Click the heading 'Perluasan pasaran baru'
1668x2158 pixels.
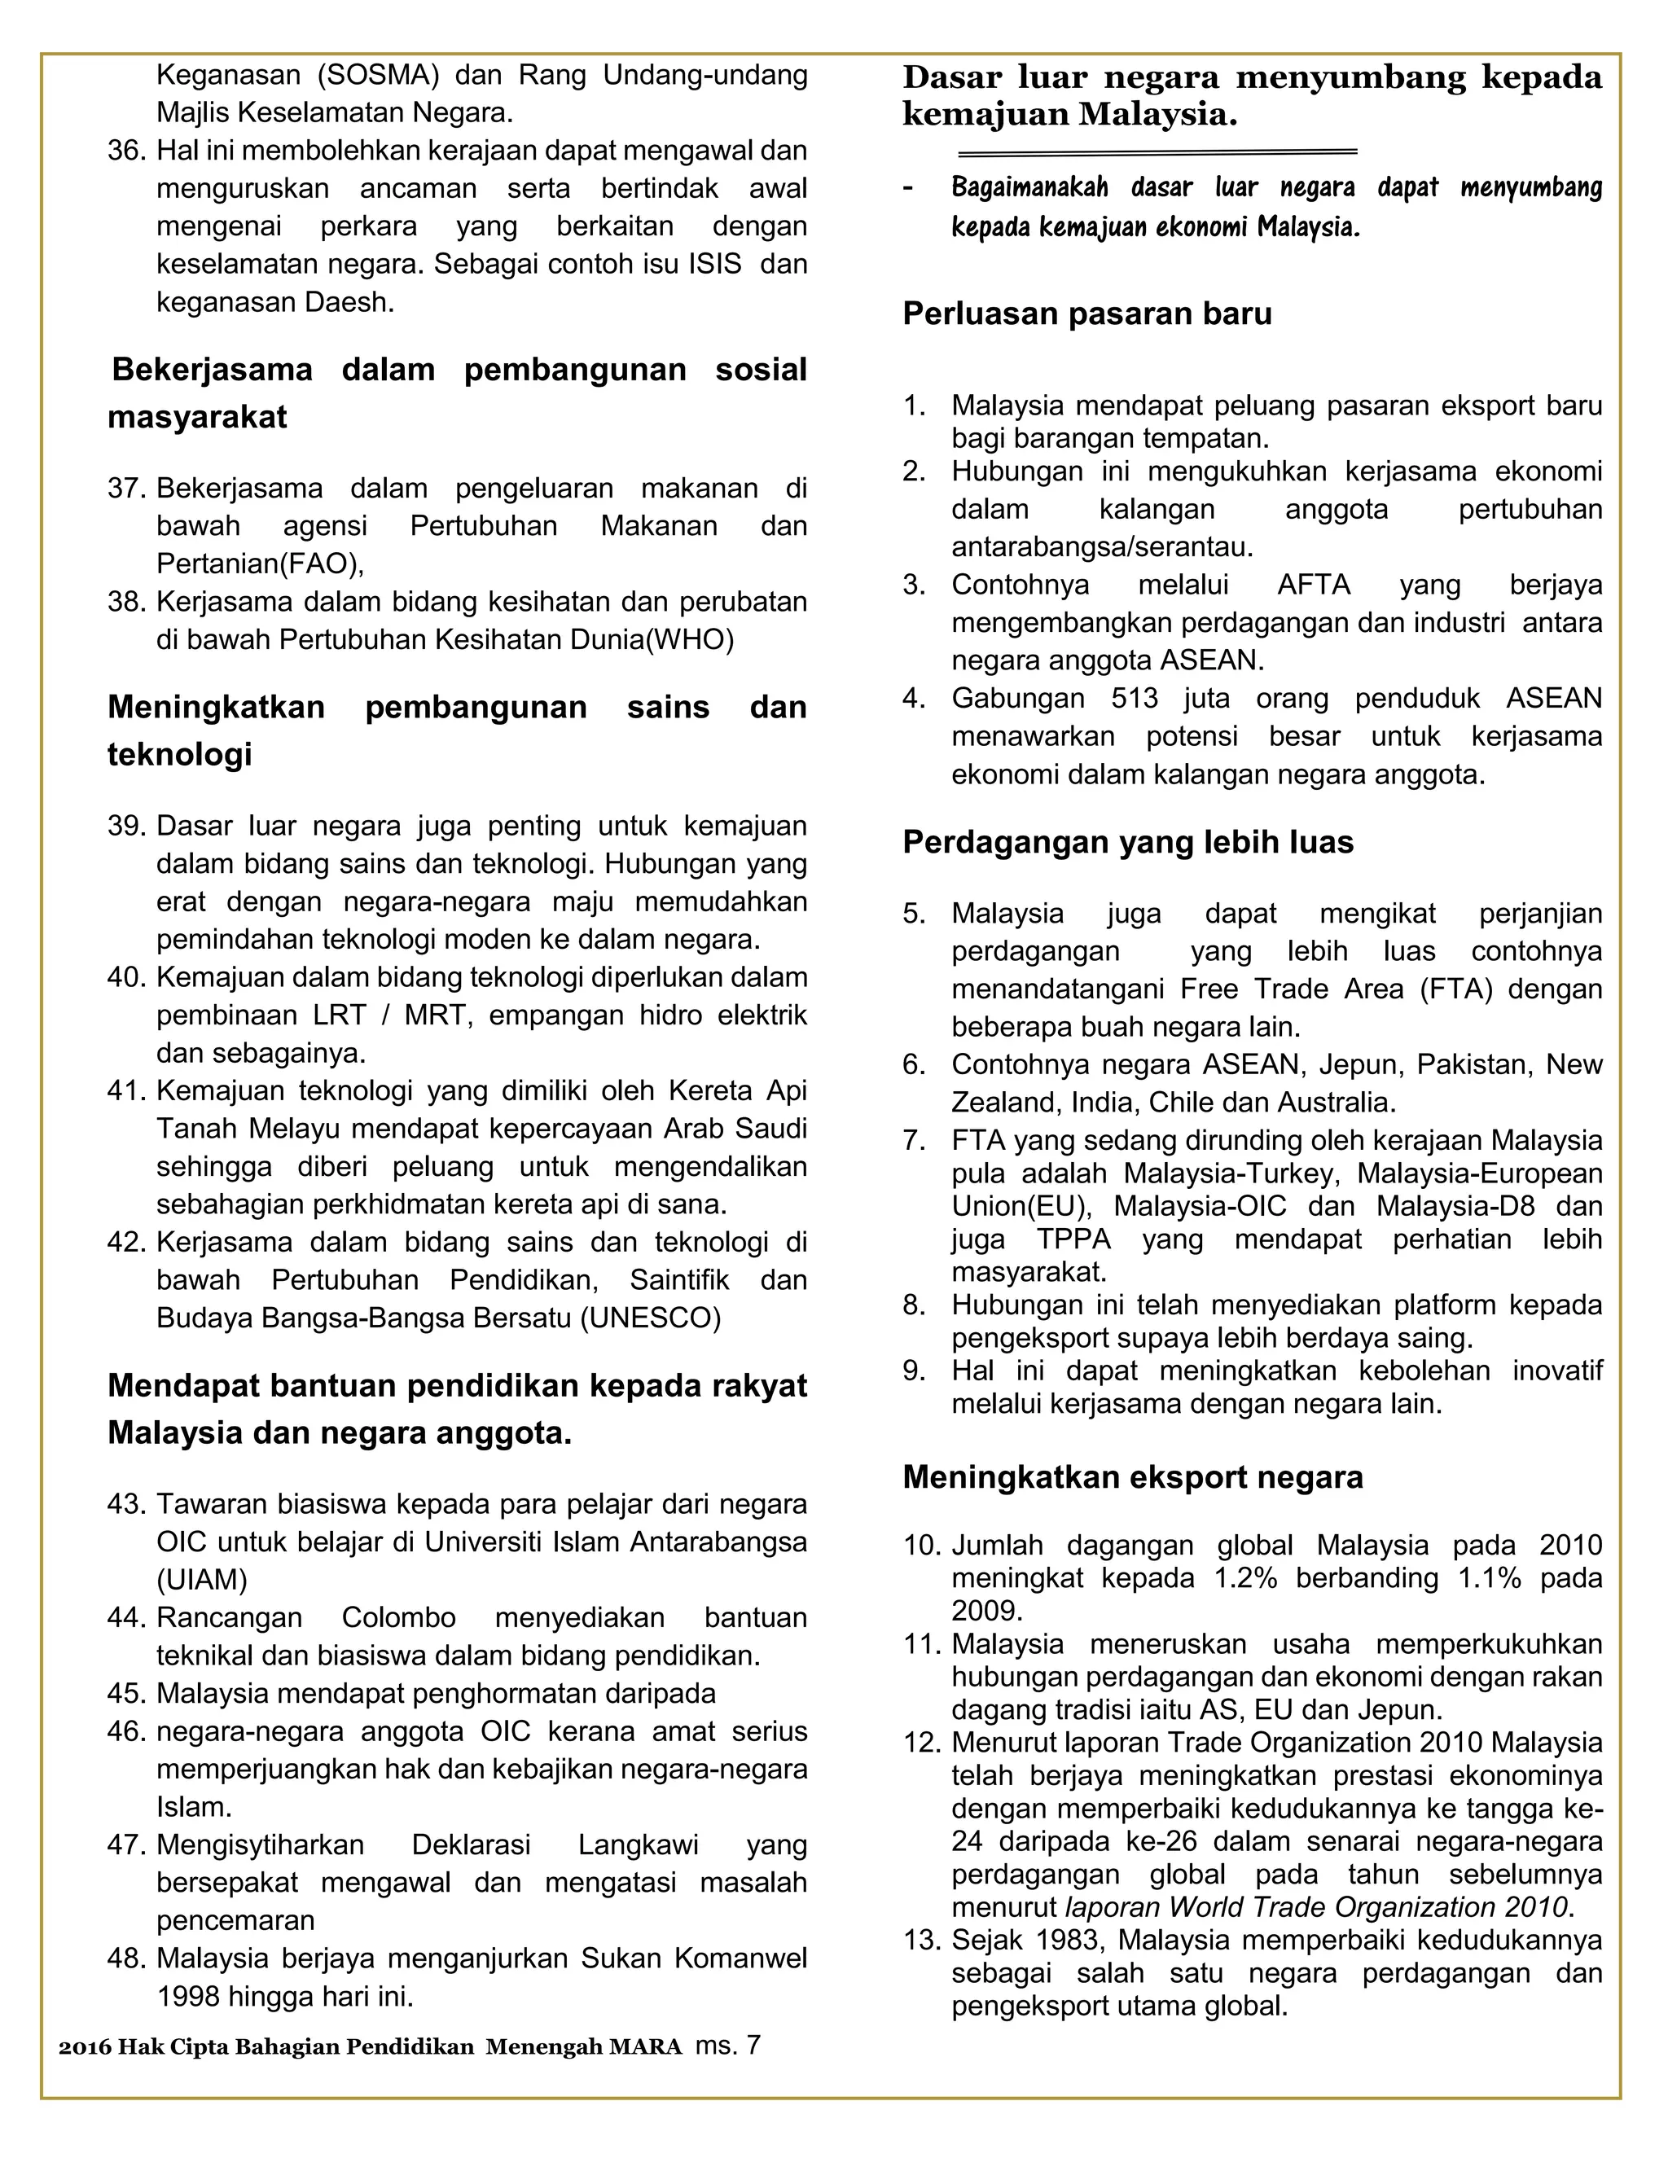(1087, 314)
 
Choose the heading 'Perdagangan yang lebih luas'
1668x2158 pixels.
(1127, 842)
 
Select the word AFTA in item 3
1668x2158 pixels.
(1313, 585)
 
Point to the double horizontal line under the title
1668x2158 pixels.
(1157, 152)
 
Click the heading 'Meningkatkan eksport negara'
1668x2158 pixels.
(1132, 1477)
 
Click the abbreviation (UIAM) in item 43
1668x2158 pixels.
(202, 1580)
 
